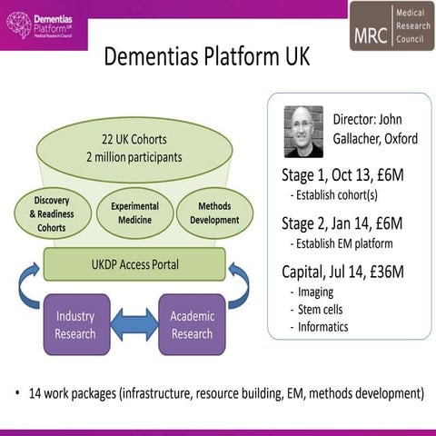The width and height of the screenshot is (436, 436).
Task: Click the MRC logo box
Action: [x=391, y=25]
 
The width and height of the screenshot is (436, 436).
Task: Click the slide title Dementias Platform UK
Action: [x=207, y=56]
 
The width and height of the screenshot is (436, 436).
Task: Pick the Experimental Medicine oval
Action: [x=134, y=213]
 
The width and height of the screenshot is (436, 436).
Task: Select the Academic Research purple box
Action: [x=192, y=324]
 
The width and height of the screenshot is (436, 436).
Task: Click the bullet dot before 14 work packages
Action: [x=17, y=394]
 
